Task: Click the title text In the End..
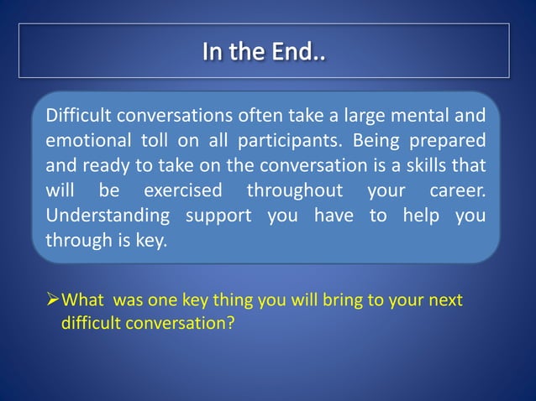pos(264,52)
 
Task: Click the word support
pos(219,216)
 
